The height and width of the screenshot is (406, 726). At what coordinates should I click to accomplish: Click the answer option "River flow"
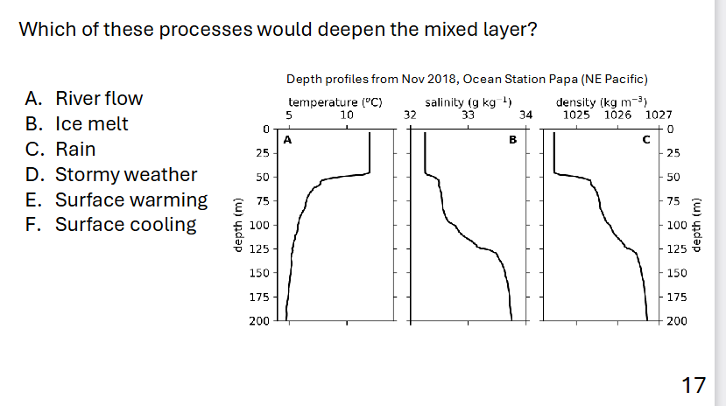pos(98,98)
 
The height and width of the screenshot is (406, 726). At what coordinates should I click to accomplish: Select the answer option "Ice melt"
pos(91,123)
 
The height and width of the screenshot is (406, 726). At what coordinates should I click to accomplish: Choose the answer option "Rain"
pos(75,149)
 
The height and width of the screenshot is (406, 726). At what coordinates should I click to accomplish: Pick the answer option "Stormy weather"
pos(126,174)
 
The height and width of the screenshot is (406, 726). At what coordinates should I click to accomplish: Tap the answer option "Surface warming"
pos(131,199)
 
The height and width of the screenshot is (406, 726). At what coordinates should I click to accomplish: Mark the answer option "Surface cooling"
pos(125,224)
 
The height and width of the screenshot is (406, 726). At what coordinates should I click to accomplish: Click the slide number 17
pos(693,383)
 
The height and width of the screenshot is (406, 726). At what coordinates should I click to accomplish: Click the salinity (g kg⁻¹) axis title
pos(468,101)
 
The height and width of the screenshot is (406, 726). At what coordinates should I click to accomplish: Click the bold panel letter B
pos(513,139)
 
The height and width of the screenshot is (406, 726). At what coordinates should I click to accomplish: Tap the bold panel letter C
pos(646,139)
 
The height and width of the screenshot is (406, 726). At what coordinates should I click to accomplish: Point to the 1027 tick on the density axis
pos(658,114)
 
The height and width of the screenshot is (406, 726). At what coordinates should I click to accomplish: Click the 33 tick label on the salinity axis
pos(468,114)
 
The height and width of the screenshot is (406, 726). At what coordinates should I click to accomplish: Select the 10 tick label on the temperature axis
pos(347,114)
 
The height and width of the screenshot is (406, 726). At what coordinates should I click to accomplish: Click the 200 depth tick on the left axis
pos(258,321)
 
